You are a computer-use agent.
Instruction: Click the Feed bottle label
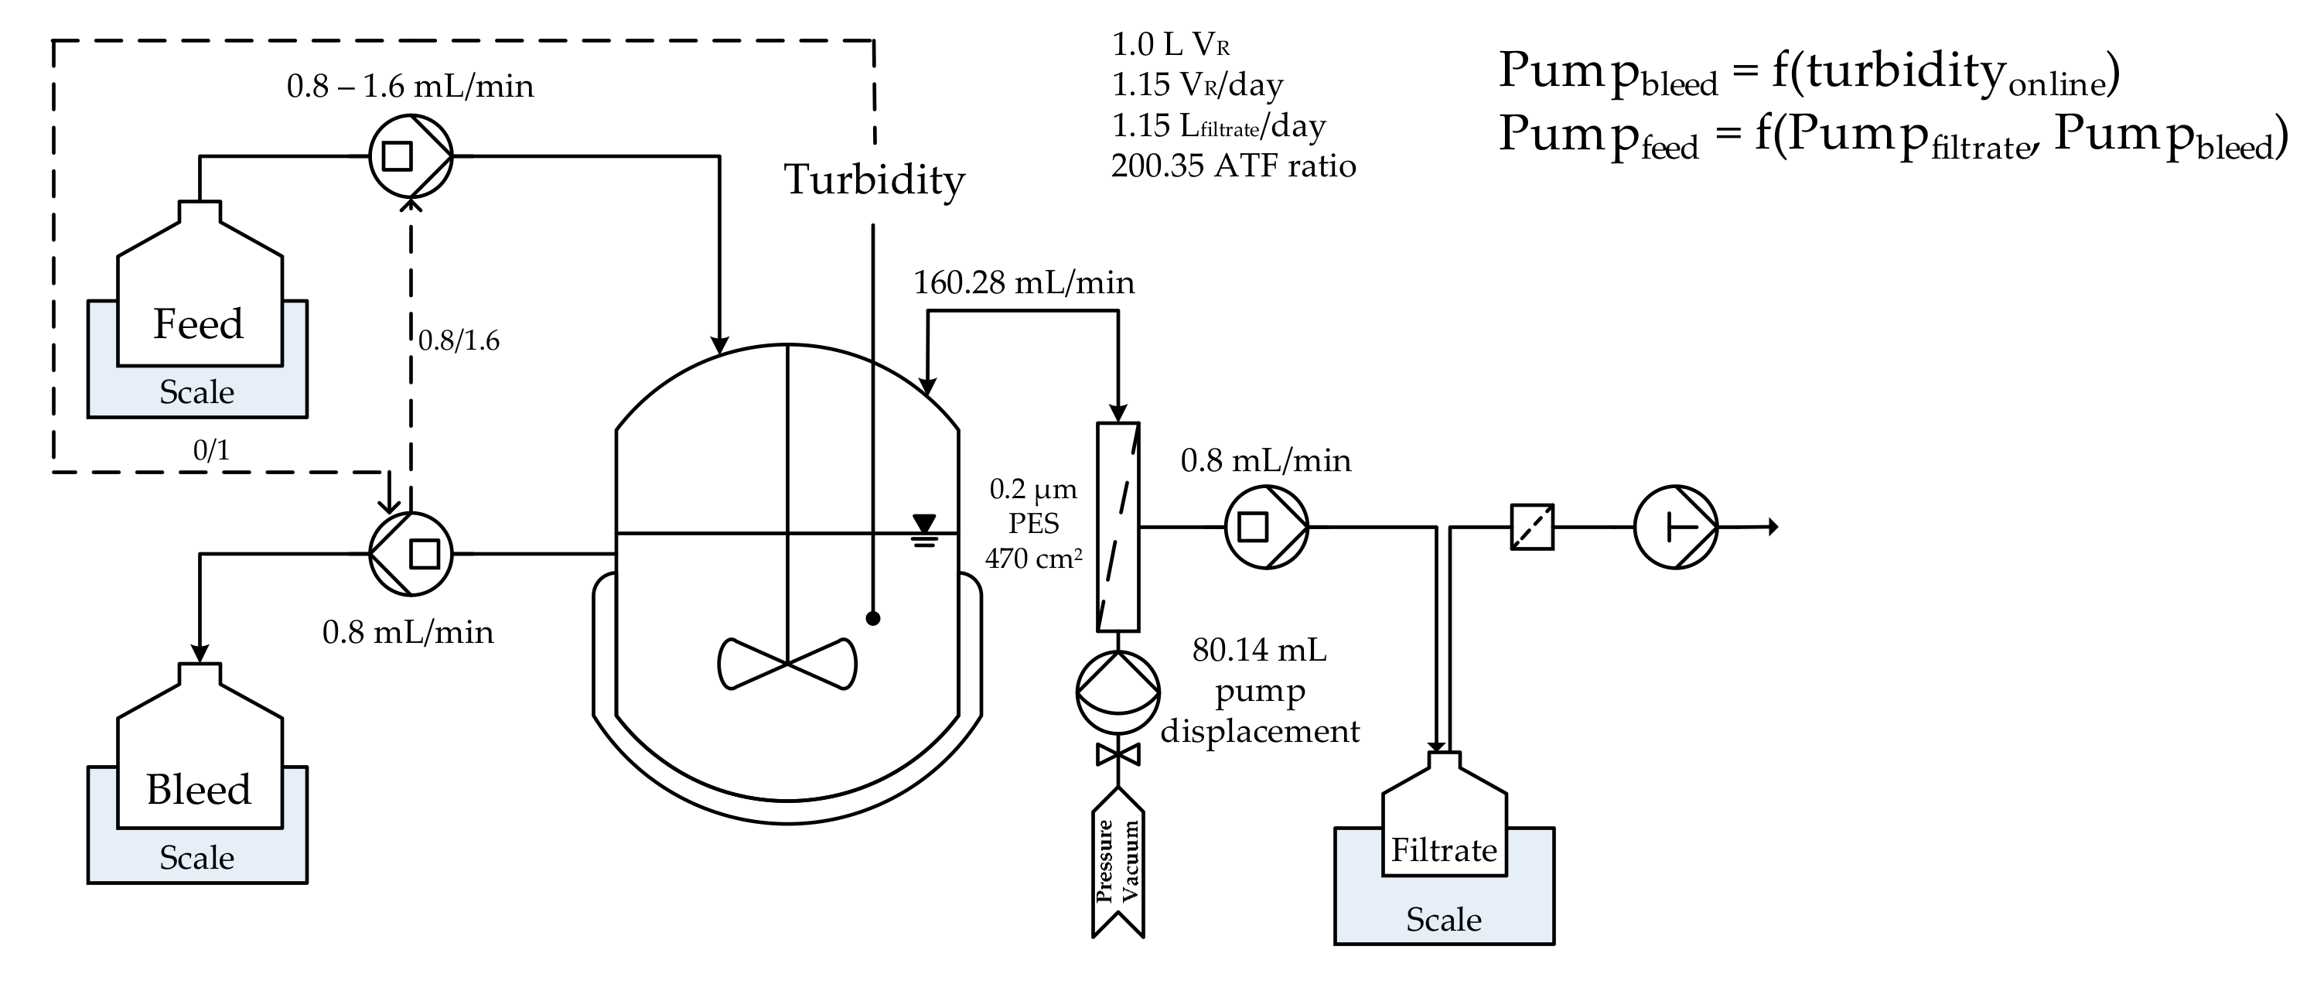pyautogui.click(x=198, y=324)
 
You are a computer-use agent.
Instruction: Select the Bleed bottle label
pyautogui.click(x=198, y=790)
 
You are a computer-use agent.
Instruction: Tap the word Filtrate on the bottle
pyautogui.click(x=1444, y=850)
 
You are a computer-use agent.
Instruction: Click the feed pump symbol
pyautogui.click(x=411, y=156)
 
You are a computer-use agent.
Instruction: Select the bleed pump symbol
pyautogui.click(x=411, y=554)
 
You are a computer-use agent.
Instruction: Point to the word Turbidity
pyautogui.click(x=874, y=180)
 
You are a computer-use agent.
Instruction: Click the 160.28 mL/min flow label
pyautogui.click(x=1024, y=283)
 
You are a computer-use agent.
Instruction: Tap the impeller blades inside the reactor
pyautogui.click(x=787, y=664)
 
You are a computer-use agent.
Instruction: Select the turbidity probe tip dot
pyautogui.click(x=872, y=618)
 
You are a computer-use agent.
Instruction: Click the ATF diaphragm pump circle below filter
pyautogui.click(x=1118, y=692)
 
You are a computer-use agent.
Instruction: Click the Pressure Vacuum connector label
pyautogui.click(x=1118, y=861)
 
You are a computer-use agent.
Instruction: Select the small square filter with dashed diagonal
pyautogui.click(x=1532, y=527)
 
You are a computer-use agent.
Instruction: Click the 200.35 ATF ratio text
pyautogui.click(x=1234, y=166)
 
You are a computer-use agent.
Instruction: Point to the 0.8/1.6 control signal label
pyautogui.click(x=459, y=341)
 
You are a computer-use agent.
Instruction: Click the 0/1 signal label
pyautogui.click(x=211, y=449)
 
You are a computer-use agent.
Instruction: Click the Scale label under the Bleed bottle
pyautogui.click(x=197, y=858)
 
